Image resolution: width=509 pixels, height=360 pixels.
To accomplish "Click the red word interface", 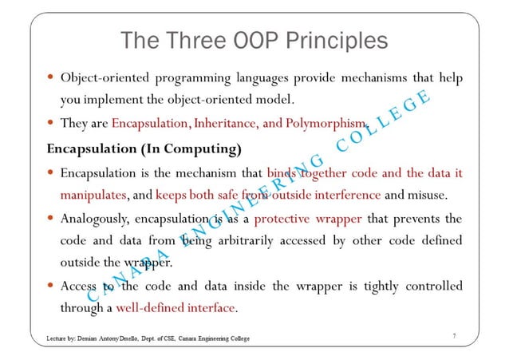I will coord(208,307).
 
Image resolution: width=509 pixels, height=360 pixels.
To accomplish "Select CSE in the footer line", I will coord(173,338).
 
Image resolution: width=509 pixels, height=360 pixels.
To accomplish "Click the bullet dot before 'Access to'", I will coord(50,285).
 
